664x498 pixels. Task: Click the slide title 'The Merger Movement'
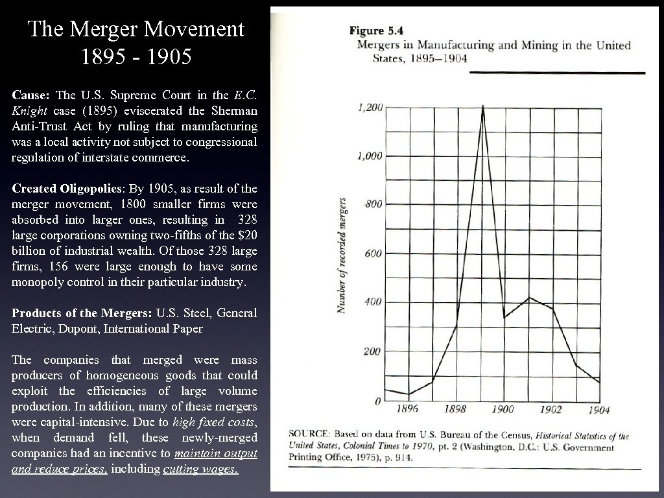[136, 29]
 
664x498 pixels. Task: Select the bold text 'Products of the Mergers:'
[82, 313]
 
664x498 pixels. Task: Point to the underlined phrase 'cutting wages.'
[201, 469]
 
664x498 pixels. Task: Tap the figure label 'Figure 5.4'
[375, 30]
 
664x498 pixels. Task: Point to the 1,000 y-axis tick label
[370, 156]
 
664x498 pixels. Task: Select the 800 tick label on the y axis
[373, 204]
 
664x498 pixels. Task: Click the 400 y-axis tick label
[373, 302]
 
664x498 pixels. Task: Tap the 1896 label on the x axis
[407, 409]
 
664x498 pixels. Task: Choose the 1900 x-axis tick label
[503, 409]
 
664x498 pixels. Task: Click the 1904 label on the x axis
[598, 410]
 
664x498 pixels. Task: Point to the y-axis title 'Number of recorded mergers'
[341, 256]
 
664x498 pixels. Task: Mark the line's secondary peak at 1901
[529, 298]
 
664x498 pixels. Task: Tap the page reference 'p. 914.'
[399, 457]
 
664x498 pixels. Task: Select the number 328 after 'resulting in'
[246, 220]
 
